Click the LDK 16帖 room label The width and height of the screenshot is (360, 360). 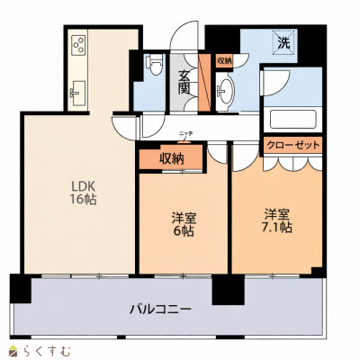83,193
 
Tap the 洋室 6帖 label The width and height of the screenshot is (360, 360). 184,224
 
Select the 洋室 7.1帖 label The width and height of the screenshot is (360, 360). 276,221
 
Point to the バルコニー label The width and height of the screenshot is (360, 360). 160,309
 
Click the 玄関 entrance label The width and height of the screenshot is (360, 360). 184,82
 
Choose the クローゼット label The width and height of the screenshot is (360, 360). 293,146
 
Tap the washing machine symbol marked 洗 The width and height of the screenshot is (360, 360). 283,42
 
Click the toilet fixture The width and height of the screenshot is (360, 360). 154,65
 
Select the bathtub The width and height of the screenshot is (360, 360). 293,120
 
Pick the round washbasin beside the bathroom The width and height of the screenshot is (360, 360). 225,90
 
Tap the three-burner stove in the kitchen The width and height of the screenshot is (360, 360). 79,45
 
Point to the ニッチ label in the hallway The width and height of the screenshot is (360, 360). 184,133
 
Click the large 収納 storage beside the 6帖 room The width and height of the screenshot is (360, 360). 171,158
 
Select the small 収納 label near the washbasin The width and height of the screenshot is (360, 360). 224,61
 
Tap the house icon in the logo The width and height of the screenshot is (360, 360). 14,351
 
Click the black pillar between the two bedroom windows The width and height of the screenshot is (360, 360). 228,290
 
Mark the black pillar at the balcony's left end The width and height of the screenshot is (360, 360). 21,288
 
